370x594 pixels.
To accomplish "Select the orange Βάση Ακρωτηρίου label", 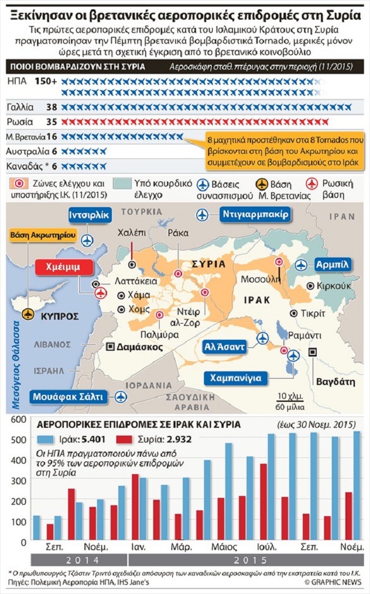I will (x=42, y=235).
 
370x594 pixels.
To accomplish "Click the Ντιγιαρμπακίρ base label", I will (x=255, y=214).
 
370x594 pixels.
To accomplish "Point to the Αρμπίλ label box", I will (x=332, y=265).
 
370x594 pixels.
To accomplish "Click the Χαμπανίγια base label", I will (x=236, y=378).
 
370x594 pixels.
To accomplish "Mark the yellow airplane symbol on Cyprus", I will (x=28, y=313).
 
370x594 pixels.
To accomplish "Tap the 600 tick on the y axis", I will (x=19, y=420).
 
